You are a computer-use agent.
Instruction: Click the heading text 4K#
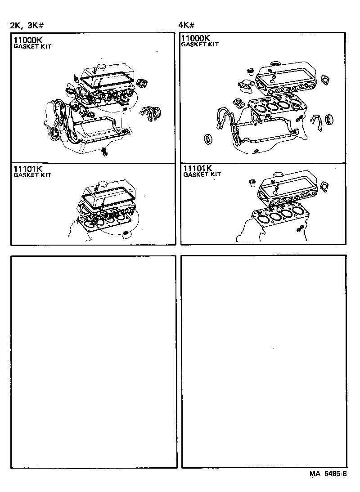tap(186, 25)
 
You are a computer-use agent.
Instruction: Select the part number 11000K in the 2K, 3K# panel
tap(27, 40)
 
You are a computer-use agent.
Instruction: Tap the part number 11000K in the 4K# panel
tap(197, 38)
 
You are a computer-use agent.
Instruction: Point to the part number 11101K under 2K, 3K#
tap(27, 169)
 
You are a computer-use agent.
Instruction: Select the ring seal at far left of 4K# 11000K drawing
tap(208, 139)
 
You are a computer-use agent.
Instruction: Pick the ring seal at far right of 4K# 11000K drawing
tap(330, 119)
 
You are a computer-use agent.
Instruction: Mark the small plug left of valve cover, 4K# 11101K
tap(253, 183)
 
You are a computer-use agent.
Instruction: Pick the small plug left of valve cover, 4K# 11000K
tap(250, 71)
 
